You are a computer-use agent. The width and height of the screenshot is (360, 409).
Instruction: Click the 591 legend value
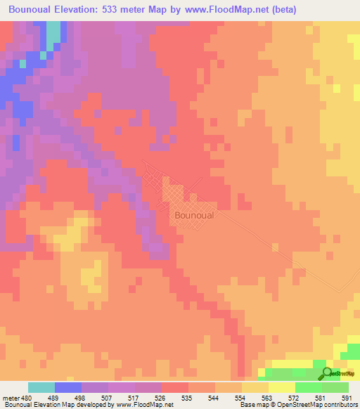tap(345, 397)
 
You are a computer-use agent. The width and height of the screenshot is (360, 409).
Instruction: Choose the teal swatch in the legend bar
tap(41, 387)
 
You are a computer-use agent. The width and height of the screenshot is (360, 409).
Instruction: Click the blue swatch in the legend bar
tap(67, 387)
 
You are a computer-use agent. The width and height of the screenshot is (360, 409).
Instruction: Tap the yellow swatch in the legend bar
tap(281, 387)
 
